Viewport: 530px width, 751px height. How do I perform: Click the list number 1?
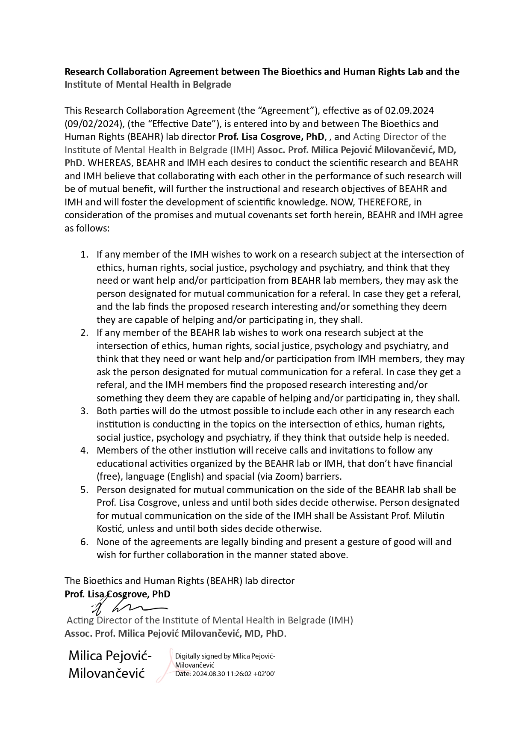tap(84, 254)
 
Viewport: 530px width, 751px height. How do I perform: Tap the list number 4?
tap(84, 450)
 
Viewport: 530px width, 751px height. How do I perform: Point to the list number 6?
tap(84, 542)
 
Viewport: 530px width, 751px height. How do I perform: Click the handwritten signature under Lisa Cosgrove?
tap(128, 607)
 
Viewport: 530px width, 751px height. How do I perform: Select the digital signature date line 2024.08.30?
tap(225, 674)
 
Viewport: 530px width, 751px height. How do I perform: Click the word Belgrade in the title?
tap(212, 84)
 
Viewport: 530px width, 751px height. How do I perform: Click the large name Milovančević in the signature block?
tap(107, 673)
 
